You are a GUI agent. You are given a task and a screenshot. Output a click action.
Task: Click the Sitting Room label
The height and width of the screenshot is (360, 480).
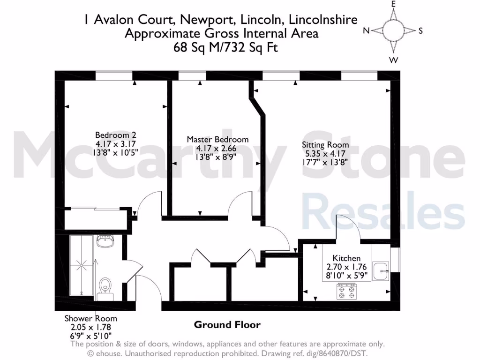[325, 145]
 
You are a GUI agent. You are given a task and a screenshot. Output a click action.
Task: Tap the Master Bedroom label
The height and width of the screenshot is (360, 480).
[217, 139]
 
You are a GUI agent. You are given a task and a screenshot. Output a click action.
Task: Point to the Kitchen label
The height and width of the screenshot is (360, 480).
[346, 258]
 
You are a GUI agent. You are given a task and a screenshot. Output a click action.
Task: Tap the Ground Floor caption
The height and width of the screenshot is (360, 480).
[227, 325]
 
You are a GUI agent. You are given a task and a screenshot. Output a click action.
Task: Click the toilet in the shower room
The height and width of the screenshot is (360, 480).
[105, 286]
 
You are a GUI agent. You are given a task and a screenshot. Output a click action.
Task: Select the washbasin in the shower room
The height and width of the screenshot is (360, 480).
[105, 242]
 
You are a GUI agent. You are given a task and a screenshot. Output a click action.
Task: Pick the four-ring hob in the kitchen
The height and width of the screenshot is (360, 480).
[346, 292]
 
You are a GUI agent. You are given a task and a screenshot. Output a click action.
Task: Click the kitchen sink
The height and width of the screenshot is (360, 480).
[381, 271]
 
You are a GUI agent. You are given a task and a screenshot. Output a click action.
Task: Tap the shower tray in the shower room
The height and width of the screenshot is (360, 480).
[82, 265]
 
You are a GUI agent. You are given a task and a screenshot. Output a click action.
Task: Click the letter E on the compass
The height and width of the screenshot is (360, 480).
[394, 4]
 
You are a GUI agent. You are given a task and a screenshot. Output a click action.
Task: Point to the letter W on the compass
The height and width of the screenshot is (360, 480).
[394, 60]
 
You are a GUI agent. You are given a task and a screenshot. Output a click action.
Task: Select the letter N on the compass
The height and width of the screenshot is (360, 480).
[366, 31]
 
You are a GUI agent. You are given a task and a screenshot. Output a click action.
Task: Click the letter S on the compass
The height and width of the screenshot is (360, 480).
[420, 31]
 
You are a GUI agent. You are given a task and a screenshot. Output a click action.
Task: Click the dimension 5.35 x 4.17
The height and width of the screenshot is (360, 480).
[325, 153]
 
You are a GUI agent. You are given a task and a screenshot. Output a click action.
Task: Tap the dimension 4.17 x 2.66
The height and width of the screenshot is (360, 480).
[217, 148]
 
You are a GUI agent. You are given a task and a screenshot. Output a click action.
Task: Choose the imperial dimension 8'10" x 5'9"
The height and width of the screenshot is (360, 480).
[346, 275]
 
